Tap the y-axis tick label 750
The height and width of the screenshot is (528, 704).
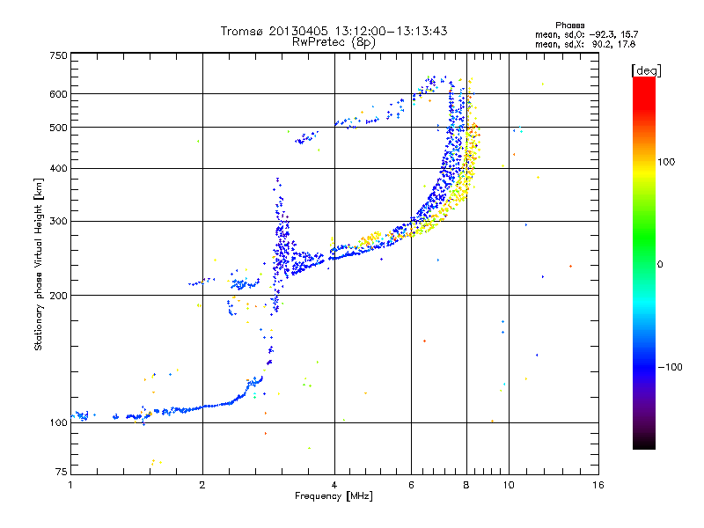[x=58, y=55]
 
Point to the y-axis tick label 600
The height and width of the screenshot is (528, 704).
[x=58, y=93]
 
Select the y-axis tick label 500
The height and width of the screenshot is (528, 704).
[x=58, y=127]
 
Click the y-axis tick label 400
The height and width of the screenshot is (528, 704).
[x=58, y=168]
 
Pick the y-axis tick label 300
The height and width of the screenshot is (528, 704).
[x=58, y=221]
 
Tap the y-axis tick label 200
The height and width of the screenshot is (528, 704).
[x=58, y=295]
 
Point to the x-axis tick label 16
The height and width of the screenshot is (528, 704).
[x=597, y=485]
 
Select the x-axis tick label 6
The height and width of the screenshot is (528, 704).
[x=412, y=485]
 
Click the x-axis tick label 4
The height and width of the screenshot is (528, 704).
[x=334, y=485]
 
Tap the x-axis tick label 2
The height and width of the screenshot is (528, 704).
[x=202, y=485]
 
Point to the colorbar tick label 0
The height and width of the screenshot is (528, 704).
[x=659, y=264]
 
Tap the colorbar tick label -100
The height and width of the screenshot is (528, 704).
[x=670, y=366]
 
